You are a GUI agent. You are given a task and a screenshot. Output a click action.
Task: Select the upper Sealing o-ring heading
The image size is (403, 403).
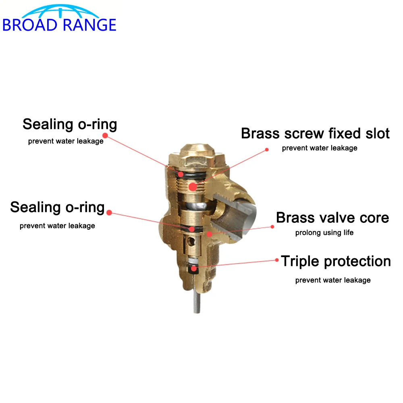pos(70,125)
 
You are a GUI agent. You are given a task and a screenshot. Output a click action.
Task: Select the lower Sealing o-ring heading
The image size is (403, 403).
pos(57,208)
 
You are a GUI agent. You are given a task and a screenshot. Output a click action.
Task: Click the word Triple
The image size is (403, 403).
pos(300,262)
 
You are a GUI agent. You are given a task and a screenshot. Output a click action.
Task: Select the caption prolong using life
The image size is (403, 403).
pos(324,233)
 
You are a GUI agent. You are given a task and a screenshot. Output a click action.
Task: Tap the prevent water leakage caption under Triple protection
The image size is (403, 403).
pos(333,280)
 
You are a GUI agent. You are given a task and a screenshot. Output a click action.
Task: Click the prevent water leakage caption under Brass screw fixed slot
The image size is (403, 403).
pos(320,148)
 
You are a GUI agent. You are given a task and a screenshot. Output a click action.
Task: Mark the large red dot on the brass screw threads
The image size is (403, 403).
pos(193,186)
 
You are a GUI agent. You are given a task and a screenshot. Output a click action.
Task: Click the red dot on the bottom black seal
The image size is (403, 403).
pos(194,268)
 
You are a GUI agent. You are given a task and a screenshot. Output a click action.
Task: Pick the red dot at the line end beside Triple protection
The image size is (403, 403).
pos(277,260)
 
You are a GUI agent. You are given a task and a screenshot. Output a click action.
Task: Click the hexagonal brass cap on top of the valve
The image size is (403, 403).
pos(196,155)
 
